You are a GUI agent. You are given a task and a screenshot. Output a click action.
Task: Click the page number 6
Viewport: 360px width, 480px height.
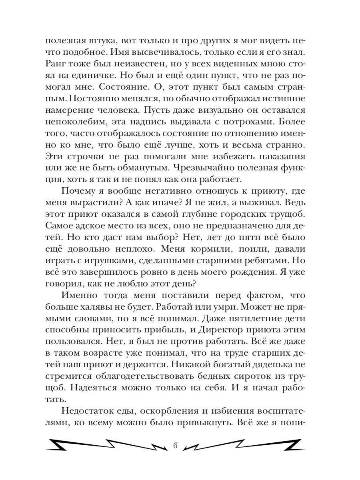point(174,446)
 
